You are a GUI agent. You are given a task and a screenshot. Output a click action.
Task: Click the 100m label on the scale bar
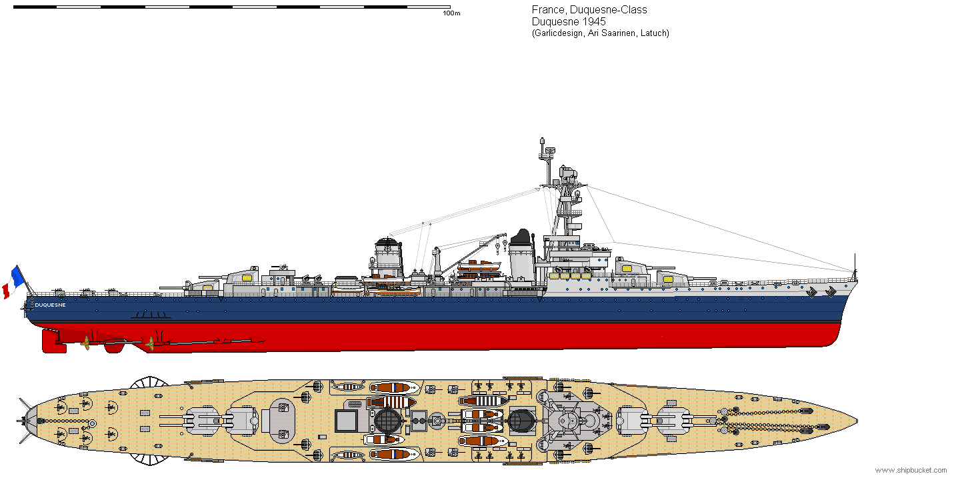tap(451, 13)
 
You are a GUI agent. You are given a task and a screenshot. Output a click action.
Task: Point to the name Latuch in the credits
tap(654, 33)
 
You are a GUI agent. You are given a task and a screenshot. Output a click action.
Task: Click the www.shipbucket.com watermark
tap(911, 471)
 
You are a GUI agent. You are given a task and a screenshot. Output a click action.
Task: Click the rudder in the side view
tap(53, 340)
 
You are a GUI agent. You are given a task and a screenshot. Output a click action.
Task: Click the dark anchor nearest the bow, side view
tap(831, 291)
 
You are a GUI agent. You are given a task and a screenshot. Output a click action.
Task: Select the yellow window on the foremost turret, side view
tap(627, 269)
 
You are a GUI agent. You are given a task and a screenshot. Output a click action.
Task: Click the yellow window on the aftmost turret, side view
tap(207, 289)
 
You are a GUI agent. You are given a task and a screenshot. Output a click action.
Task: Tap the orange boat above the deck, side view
tap(479, 265)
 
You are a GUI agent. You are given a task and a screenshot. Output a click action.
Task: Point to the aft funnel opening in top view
tap(388, 421)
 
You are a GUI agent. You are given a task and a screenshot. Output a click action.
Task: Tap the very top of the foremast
tap(542, 140)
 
